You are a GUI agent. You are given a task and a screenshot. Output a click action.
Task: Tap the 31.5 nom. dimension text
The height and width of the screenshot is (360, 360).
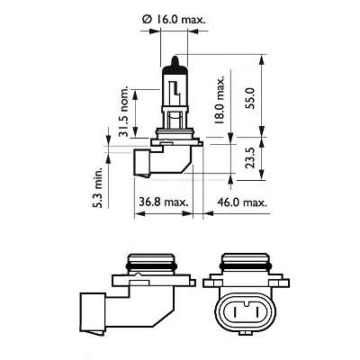tap(125, 113)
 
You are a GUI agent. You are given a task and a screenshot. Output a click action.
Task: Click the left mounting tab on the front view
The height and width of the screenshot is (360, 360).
tap(210, 282)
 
